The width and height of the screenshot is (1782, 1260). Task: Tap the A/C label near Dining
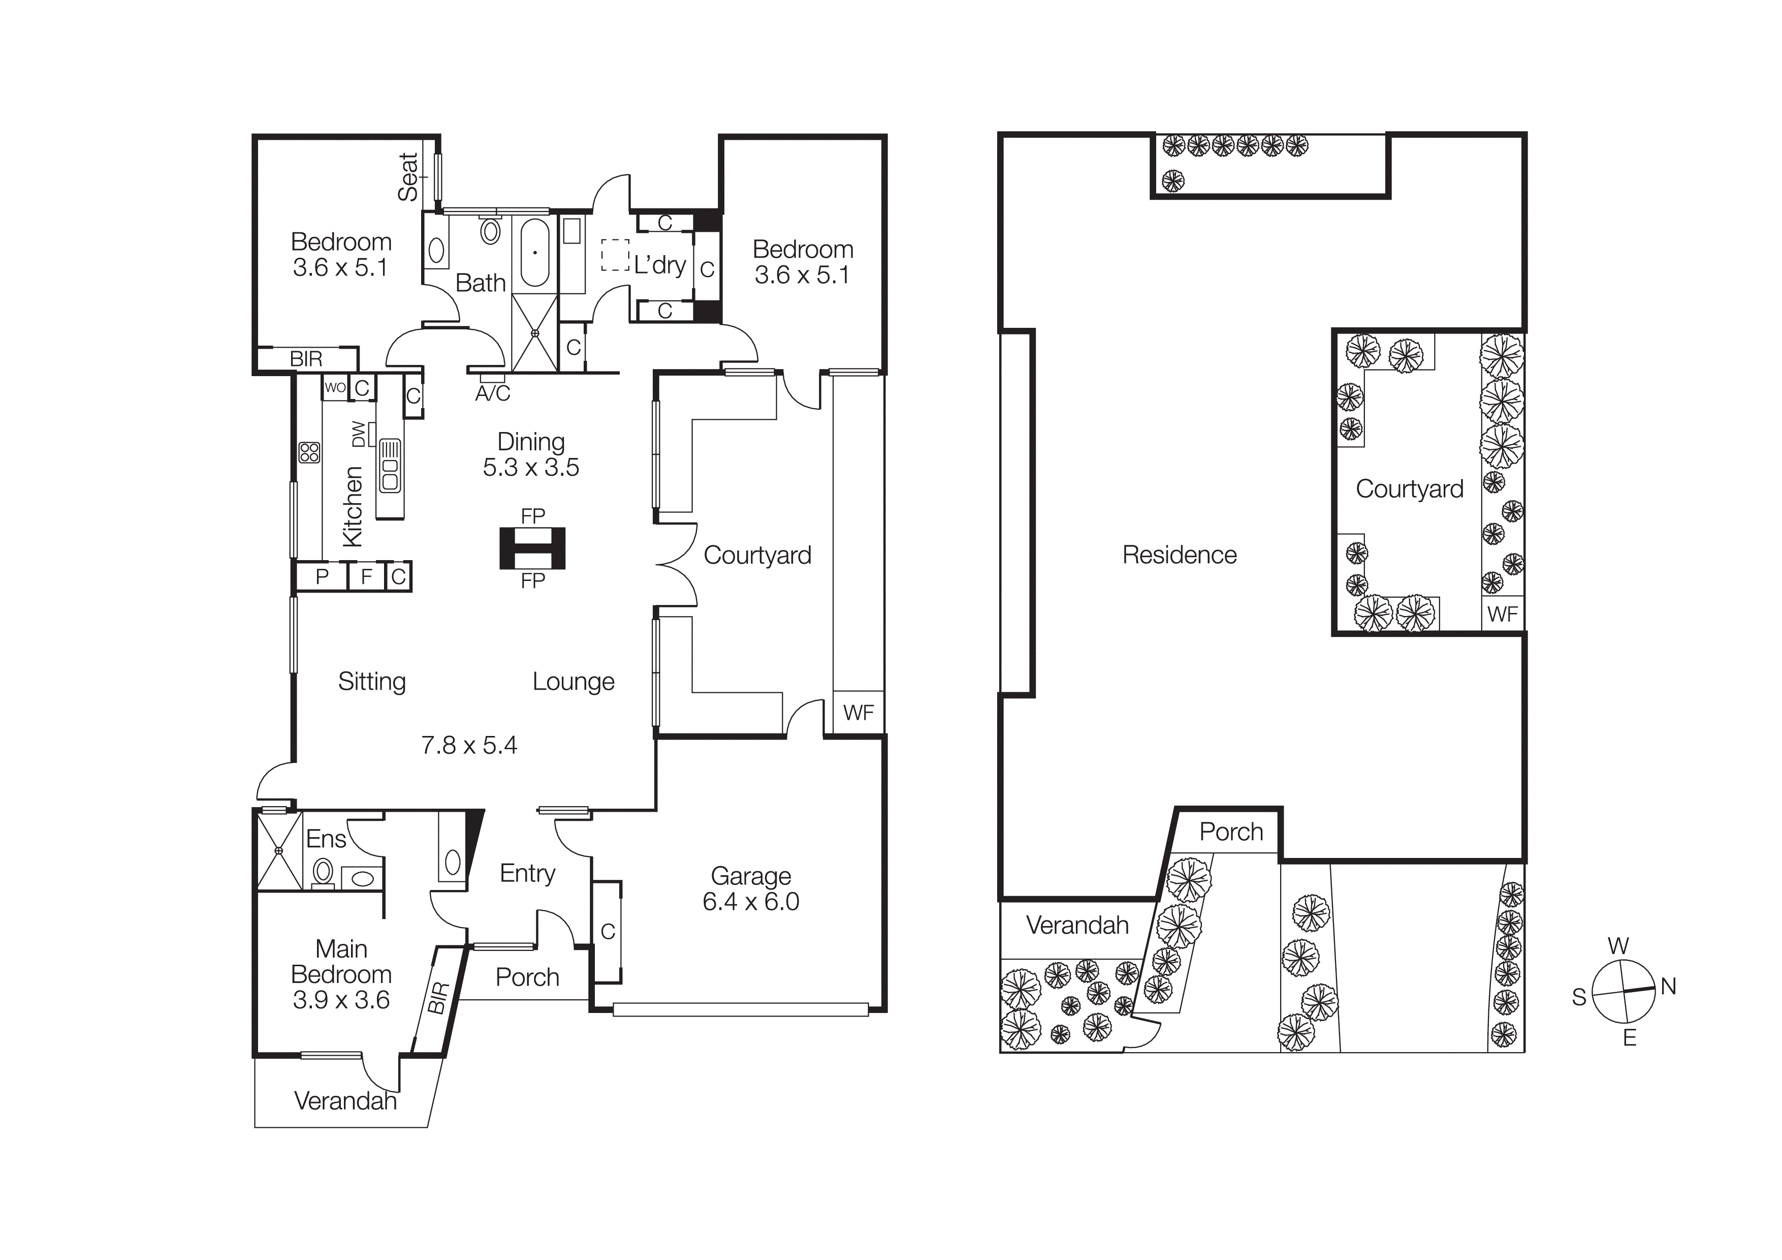(492, 393)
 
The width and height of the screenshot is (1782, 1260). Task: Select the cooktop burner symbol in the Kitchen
(309, 452)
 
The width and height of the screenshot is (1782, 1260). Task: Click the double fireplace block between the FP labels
(532, 548)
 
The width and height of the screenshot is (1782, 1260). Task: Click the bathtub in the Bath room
(535, 252)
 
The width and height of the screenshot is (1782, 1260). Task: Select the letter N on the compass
(1668, 987)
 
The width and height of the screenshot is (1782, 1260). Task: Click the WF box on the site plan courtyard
(1502, 614)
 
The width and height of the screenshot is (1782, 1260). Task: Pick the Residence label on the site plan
(1179, 555)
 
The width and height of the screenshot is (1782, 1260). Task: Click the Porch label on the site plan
(1231, 832)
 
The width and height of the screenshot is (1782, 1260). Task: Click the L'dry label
(660, 265)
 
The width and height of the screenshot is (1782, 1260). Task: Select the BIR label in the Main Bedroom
(438, 998)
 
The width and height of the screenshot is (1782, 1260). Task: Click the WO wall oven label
(335, 387)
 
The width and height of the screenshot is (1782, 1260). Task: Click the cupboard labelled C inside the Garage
(608, 932)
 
